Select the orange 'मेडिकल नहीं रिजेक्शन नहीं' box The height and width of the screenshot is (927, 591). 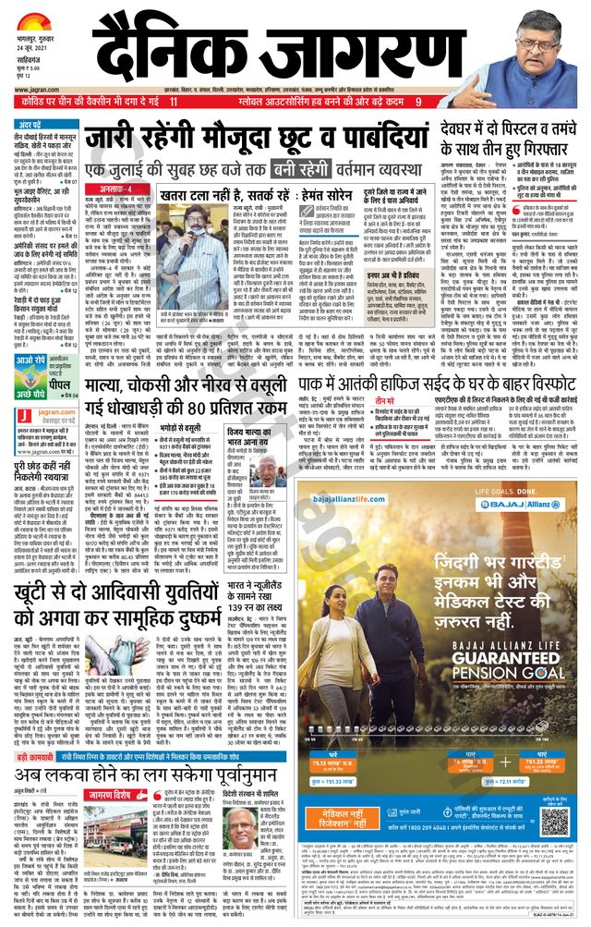click(x=355, y=821)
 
